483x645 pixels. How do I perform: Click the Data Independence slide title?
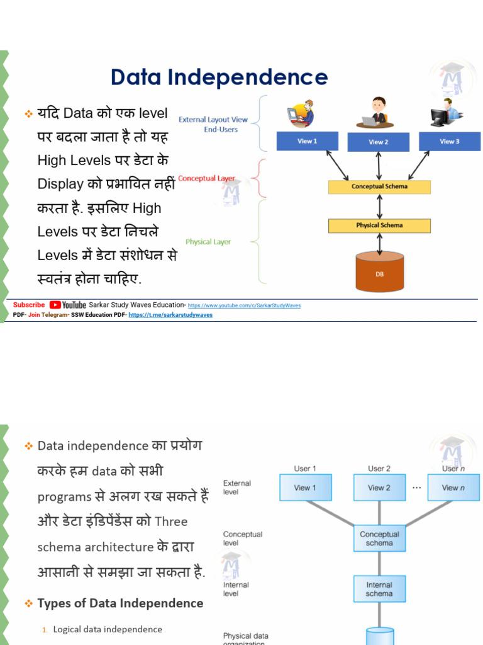219,77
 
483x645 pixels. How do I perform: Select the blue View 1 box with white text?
307,141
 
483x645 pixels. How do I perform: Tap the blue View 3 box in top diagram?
449,141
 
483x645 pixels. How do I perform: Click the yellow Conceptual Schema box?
379,186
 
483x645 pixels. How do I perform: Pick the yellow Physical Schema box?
379,225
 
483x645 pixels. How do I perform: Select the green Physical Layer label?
208,242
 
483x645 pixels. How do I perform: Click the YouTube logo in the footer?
68,305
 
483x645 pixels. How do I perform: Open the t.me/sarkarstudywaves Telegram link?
170,315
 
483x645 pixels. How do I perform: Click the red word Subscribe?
29,305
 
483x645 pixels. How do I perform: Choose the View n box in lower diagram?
453,488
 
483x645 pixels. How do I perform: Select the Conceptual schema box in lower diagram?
379,539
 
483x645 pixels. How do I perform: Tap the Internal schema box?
379,589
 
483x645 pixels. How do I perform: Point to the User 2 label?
379,469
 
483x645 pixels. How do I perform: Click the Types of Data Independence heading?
120,603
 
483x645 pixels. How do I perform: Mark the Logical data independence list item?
108,629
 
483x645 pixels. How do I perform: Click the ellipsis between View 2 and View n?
416,488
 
